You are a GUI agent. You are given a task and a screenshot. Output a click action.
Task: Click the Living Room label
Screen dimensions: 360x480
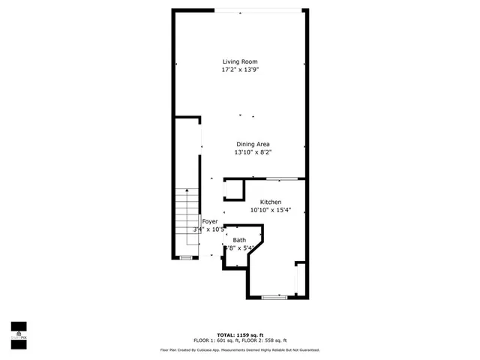point(241,61)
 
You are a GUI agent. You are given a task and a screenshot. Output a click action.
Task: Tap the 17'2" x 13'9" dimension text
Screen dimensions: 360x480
point(241,70)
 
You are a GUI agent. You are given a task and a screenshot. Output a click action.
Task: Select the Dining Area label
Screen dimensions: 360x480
point(253,144)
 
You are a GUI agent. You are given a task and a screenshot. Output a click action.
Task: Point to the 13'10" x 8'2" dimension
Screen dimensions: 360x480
point(253,152)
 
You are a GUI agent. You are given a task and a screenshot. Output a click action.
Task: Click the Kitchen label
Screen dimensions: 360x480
point(271,202)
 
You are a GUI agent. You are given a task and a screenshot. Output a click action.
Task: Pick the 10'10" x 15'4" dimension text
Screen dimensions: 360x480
point(271,211)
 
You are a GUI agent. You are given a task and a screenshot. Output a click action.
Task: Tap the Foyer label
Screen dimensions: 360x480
point(210,221)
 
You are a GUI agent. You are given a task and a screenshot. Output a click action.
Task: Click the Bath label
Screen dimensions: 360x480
point(238,240)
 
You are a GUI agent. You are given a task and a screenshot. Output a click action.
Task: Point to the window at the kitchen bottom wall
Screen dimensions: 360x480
point(274,298)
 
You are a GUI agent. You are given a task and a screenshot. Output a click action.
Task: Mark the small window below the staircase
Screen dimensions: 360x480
point(185,258)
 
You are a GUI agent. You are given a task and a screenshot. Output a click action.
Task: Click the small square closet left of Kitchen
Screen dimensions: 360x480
point(235,190)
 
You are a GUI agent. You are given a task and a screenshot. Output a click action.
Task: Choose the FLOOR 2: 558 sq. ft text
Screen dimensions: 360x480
point(267,340)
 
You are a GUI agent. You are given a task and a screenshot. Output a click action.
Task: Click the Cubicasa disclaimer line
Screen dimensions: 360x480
point(240,350)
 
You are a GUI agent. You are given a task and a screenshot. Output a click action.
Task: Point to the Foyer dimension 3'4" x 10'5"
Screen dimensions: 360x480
point(211,229)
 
